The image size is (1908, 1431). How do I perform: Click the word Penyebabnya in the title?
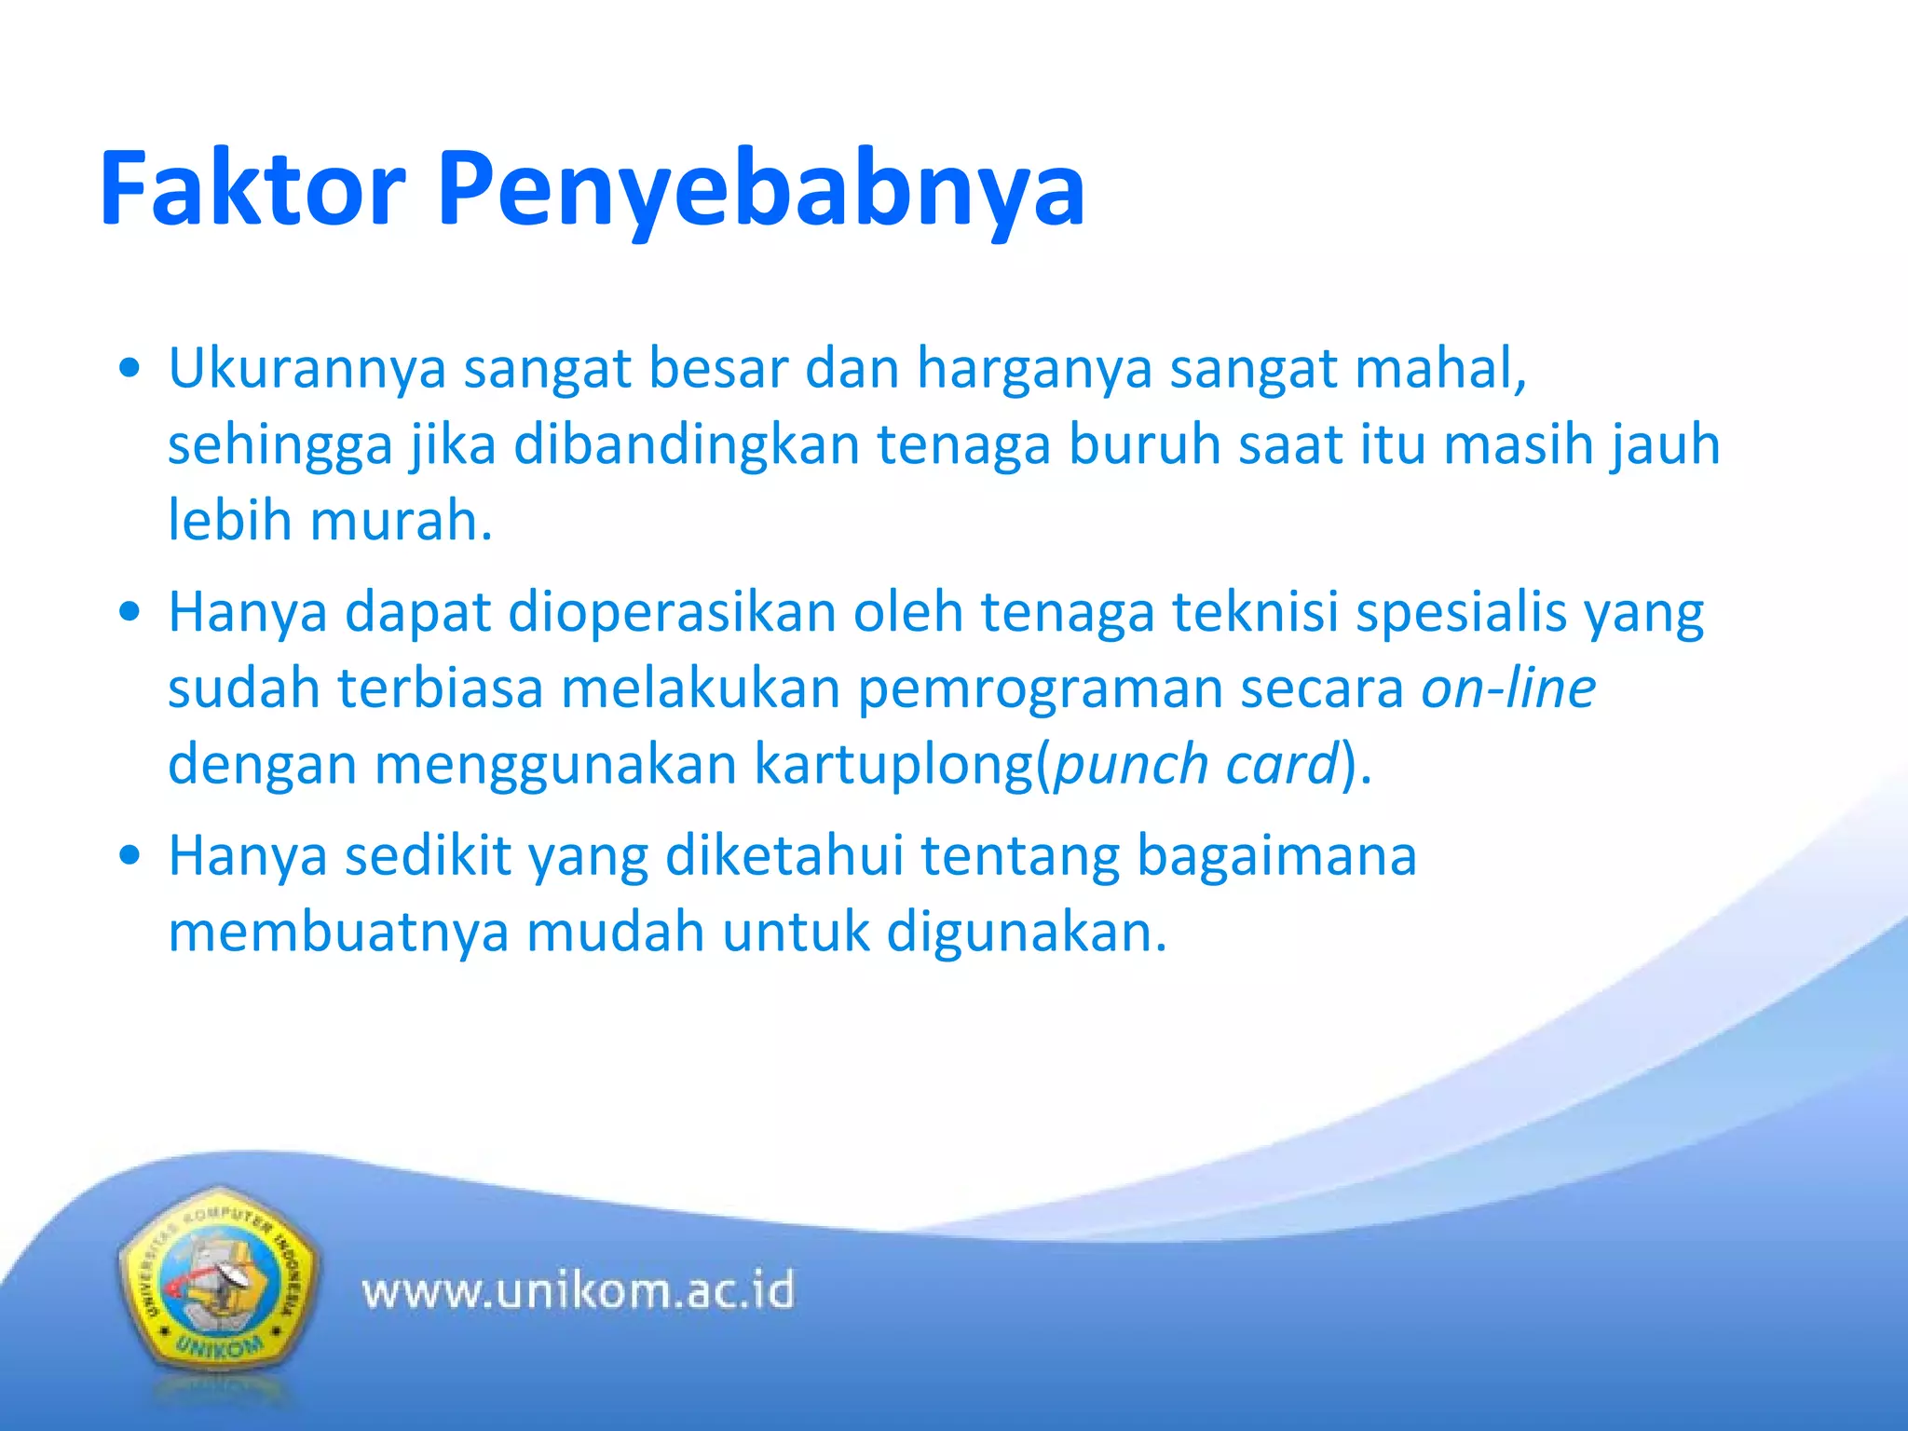760,191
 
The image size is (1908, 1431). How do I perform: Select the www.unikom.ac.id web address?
578,1291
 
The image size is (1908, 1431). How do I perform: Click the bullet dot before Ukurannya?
130,368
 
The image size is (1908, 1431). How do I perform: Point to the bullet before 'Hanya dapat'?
130,612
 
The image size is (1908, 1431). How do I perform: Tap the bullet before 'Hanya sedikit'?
130,855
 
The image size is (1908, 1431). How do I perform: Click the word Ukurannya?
307,369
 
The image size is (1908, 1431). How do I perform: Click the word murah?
401,520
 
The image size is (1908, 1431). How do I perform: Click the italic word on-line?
1508,688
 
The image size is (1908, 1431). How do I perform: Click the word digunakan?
1025,933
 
